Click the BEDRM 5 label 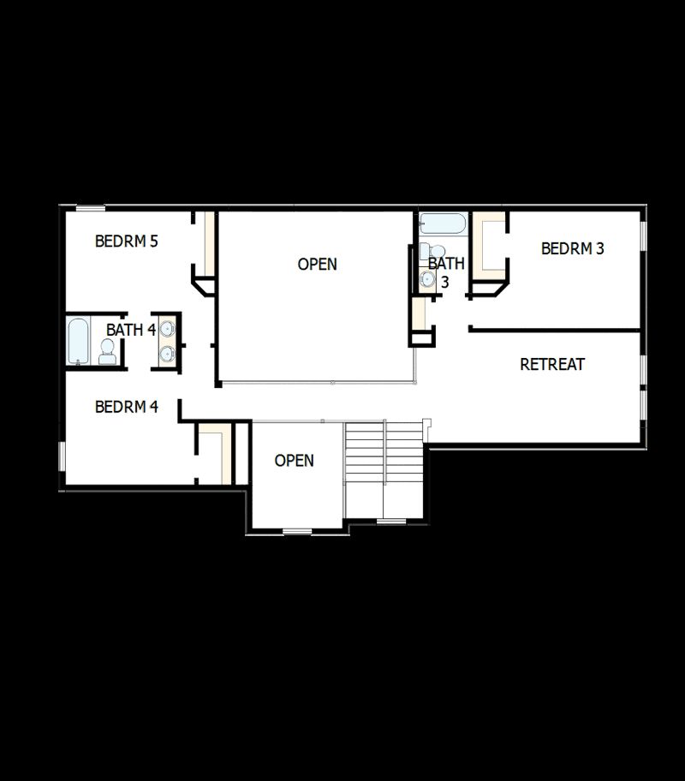click(126, 241)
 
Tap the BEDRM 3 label click(573, 248)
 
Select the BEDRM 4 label click(126, 407)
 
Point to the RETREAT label click(552, 364)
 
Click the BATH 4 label click(130, 330)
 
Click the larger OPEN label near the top click(317, 265)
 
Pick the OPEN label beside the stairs click(294, 461)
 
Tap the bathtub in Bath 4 click(77, 342)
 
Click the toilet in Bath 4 click(108, 350)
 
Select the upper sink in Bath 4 click(167, 329)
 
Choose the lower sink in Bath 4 click(167, 353)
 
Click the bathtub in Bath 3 click(443, 224)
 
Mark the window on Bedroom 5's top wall click(90, 207)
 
